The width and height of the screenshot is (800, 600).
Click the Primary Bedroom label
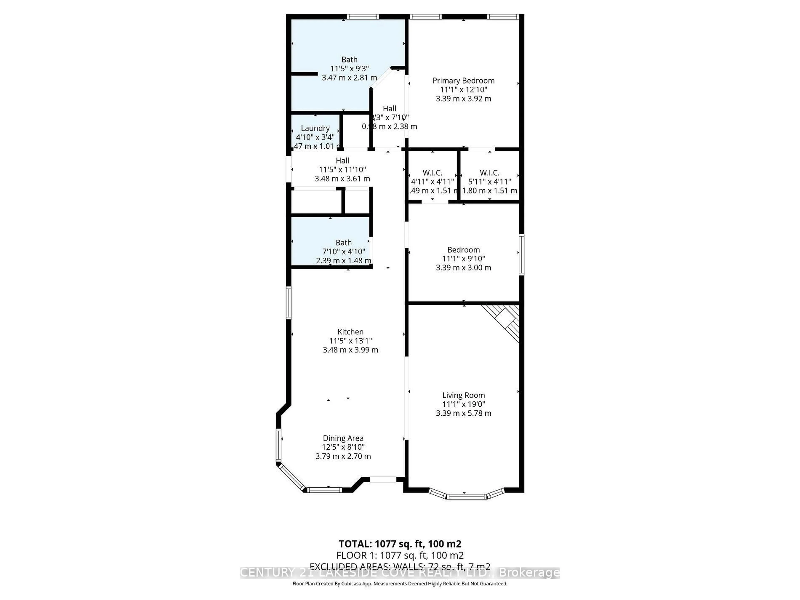pyautogui.click(x=463, y=81)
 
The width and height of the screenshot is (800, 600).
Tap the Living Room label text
pyautogui.click(x=463, y=395)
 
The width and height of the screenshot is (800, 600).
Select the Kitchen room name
pyautogui.click(x=350, y=332)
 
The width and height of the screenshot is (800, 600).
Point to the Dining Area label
pyautogui.click(x=343, y=438)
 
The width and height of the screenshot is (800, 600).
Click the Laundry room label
pyautogui.click(x=315, y=128)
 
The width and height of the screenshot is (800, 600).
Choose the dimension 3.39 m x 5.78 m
pyautogui.click(x=463, y=413)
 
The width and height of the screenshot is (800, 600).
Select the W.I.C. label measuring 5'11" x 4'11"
pyautogui.click(x=489, y=173)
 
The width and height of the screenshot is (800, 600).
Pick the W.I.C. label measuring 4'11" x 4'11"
pyautogui.click(x=432, y=173)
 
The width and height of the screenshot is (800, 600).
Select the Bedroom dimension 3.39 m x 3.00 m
pyautogui.click(x=463, y=268)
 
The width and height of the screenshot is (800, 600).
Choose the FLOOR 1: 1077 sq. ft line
pyautogui.click(x=400, y=555)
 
